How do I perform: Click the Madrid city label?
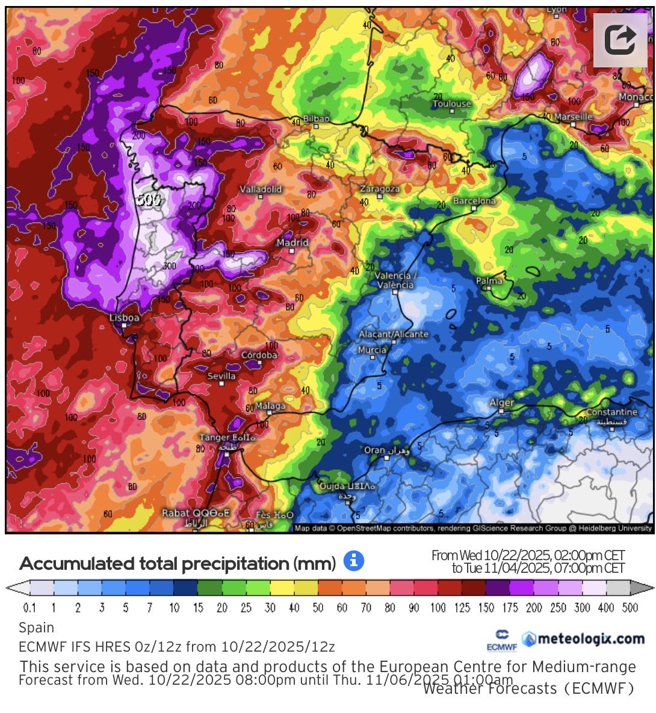coord(292,243)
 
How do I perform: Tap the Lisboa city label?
coord(125,318)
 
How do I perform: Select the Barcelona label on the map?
coord(474,201)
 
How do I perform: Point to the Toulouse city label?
coord(452,104)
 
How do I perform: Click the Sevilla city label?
coord(221,376)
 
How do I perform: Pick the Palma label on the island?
coord(489,280)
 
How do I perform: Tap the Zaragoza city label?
coord(380,189)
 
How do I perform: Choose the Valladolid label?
coord(261,189)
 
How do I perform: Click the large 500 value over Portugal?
coord(148,200)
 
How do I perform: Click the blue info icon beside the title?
coord(354,562)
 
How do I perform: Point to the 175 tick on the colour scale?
coord(510,608)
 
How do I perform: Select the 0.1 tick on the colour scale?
coord(29,608)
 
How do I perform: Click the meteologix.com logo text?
coord(591,638)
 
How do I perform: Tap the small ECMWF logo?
coord(502,641)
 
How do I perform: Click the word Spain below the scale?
coord(37,628)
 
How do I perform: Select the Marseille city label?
coord(574,117)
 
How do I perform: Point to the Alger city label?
coord(501,403)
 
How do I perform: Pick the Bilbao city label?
coord(317,119)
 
